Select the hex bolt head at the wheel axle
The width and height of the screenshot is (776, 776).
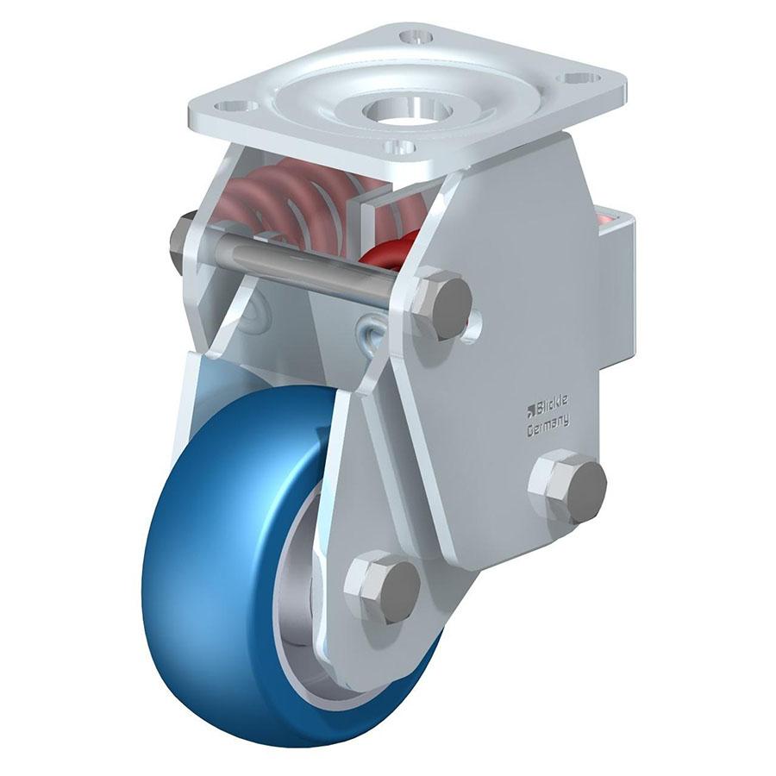click(x=383, y=585)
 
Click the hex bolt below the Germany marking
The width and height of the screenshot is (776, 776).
click(x=567, y=486)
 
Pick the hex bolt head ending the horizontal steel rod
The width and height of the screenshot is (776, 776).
click(x=442, y=303)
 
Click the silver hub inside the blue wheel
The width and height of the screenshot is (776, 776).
click(x=297, y=621)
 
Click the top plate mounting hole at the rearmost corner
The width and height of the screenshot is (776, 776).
click(x=417, y=37)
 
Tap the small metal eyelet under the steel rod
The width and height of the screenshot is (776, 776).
click(x=372, y=332)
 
